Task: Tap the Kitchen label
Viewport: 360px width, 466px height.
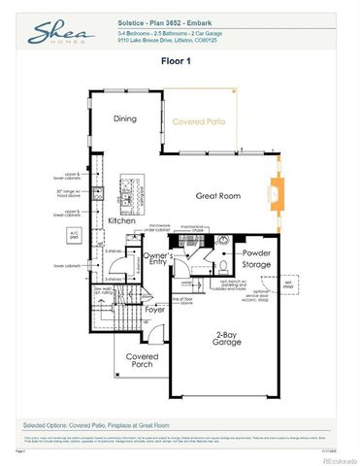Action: coord(121,220)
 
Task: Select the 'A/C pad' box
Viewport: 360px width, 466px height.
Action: coord(73,233)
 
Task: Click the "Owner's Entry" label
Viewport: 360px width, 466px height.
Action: coord(158,260)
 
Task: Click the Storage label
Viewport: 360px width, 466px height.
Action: coord(256,264)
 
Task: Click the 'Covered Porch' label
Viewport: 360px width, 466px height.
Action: coord(143,360)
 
